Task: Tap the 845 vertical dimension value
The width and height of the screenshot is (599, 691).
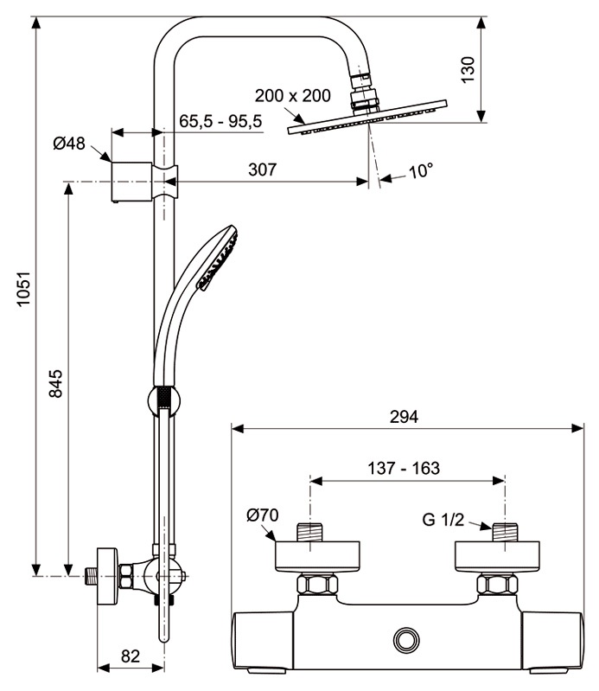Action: pyautogui.click(x=56, y=384)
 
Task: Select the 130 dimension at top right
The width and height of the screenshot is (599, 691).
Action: pyautogui.click(x=468, y=69)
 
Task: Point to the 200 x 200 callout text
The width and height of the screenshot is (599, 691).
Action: pyautogui.click(x=292, y=95)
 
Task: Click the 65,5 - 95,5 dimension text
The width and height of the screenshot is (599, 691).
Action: pyautogui.click(x=220, y=121)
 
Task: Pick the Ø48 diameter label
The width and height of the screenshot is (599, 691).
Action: pyautogui.click(x=69, y=144)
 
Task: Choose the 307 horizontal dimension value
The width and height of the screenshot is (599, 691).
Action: pyautogui.click(x=263, y=170)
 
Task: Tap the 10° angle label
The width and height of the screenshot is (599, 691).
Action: pyautogui.click(x=421, y=171)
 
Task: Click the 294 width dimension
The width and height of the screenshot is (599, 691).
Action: pyautogui.click(x=404, y=417)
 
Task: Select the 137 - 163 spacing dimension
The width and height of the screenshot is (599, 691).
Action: pyautogui.click(x=404, y=468)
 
